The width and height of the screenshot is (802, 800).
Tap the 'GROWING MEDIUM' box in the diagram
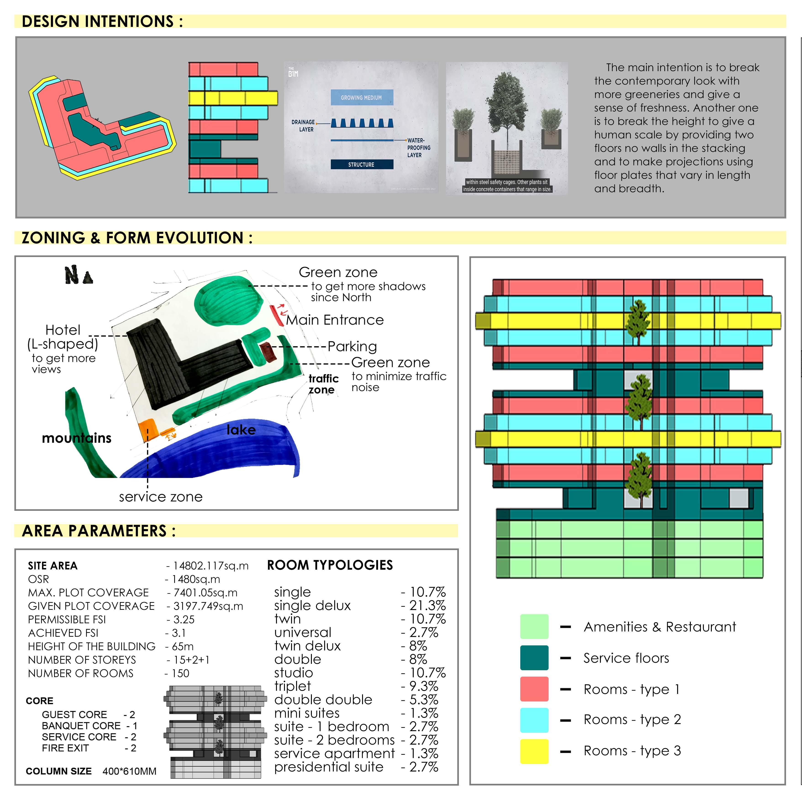361,97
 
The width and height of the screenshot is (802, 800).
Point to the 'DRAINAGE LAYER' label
303,126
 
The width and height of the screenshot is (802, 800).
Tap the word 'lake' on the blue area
241,430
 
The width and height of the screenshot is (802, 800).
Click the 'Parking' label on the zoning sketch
352,346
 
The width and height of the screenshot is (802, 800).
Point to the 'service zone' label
161,497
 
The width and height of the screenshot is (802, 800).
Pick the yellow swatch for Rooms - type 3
534,751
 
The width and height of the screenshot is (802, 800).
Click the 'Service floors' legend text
626,658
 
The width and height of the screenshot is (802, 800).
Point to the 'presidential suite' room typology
328,767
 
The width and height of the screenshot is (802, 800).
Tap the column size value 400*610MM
129,771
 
